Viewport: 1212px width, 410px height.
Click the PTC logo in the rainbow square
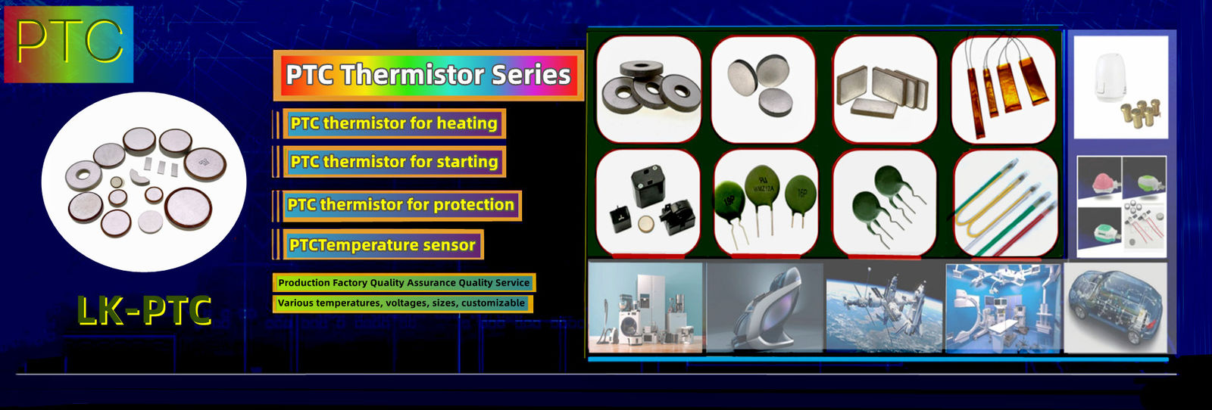(x=69, y=44)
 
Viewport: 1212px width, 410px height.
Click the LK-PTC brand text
(x=144, y=311)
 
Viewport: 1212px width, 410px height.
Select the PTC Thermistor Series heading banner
(x=428, y=75)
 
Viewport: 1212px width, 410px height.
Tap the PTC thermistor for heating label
(x=393, y=123)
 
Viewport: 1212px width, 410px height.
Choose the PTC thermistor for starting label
(x=394, y=162)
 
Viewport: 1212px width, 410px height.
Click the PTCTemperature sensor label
(x=382, y=245)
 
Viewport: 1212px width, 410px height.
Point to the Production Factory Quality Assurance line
(x=403, y=283)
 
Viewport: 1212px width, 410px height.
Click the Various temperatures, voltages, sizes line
(x=401, y=303)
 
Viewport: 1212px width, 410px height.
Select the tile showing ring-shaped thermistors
(x=648, y=89)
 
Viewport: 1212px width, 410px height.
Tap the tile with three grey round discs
(x=764, y=89)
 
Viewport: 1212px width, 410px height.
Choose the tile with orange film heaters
(x=1003, y=89)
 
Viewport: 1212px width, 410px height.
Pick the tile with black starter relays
(x=648, y=202)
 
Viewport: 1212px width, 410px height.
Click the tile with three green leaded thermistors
(x=765, y=202)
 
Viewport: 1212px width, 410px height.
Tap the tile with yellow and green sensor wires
(x=1004, y=202)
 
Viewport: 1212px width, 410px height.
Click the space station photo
(x=884, y=307)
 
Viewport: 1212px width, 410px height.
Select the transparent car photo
(x=1115, y=307)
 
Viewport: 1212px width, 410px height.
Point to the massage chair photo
(x=765, y=307)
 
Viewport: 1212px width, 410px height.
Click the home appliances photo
(x=646, y=307)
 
